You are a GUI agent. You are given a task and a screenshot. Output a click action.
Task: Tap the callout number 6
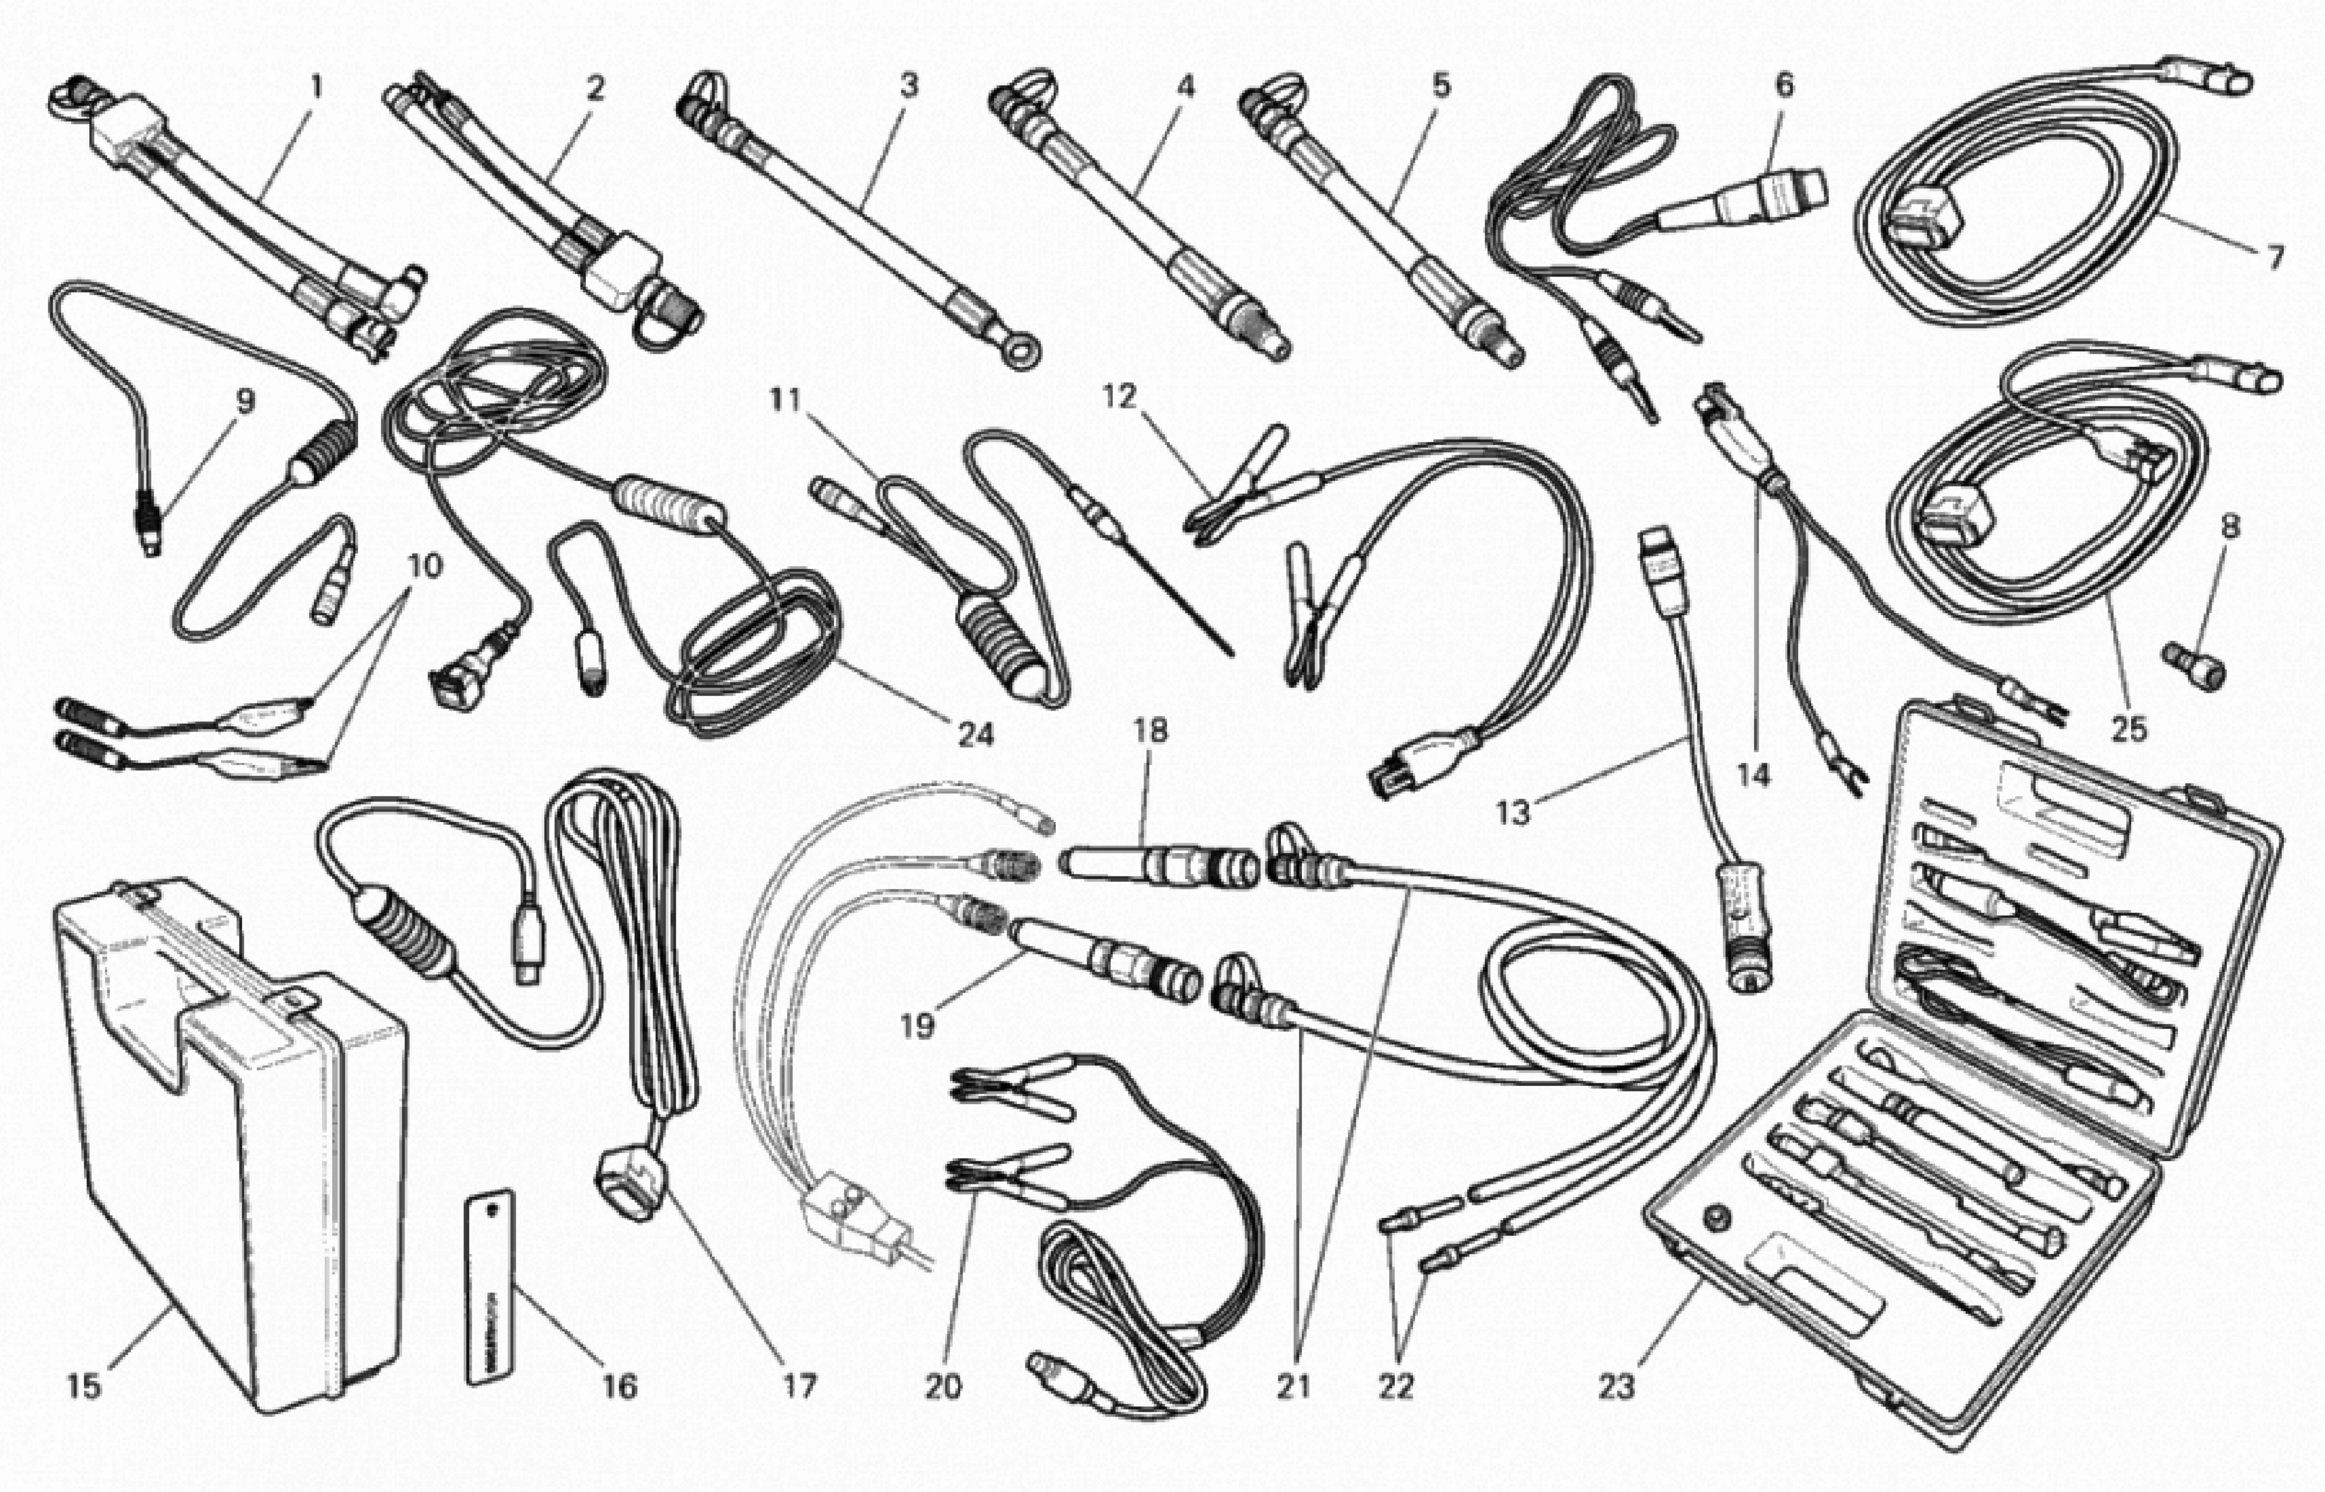click(x=1784, y=85)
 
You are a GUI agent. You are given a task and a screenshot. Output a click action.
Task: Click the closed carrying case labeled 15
click(x=232, y=1143)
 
